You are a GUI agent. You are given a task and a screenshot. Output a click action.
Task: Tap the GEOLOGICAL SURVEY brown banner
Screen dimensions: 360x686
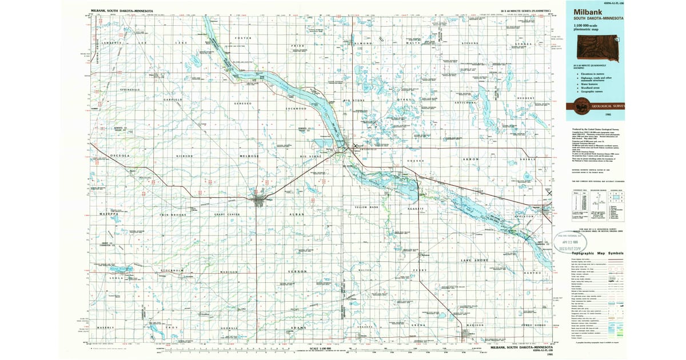click(595, 106)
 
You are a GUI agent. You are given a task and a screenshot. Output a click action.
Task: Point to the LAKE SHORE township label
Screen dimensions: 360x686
click(474, 261)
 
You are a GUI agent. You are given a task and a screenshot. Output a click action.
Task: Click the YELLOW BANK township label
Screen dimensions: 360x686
click(366, 207)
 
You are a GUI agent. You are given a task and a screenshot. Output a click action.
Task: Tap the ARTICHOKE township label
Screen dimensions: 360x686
click(465, 102)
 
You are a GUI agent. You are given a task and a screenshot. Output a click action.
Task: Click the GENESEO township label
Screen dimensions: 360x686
click(242, 103)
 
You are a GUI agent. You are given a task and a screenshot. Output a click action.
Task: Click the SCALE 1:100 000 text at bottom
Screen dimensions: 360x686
click(321, 349)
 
